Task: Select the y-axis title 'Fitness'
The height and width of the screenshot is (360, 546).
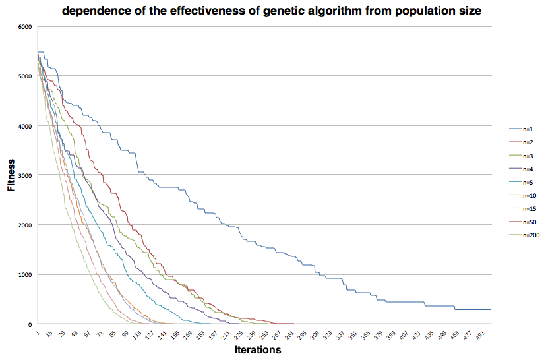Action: pyautogui.click(x=11, y=175)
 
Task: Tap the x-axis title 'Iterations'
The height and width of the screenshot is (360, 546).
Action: pyautogui.click(x=258, y=350)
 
